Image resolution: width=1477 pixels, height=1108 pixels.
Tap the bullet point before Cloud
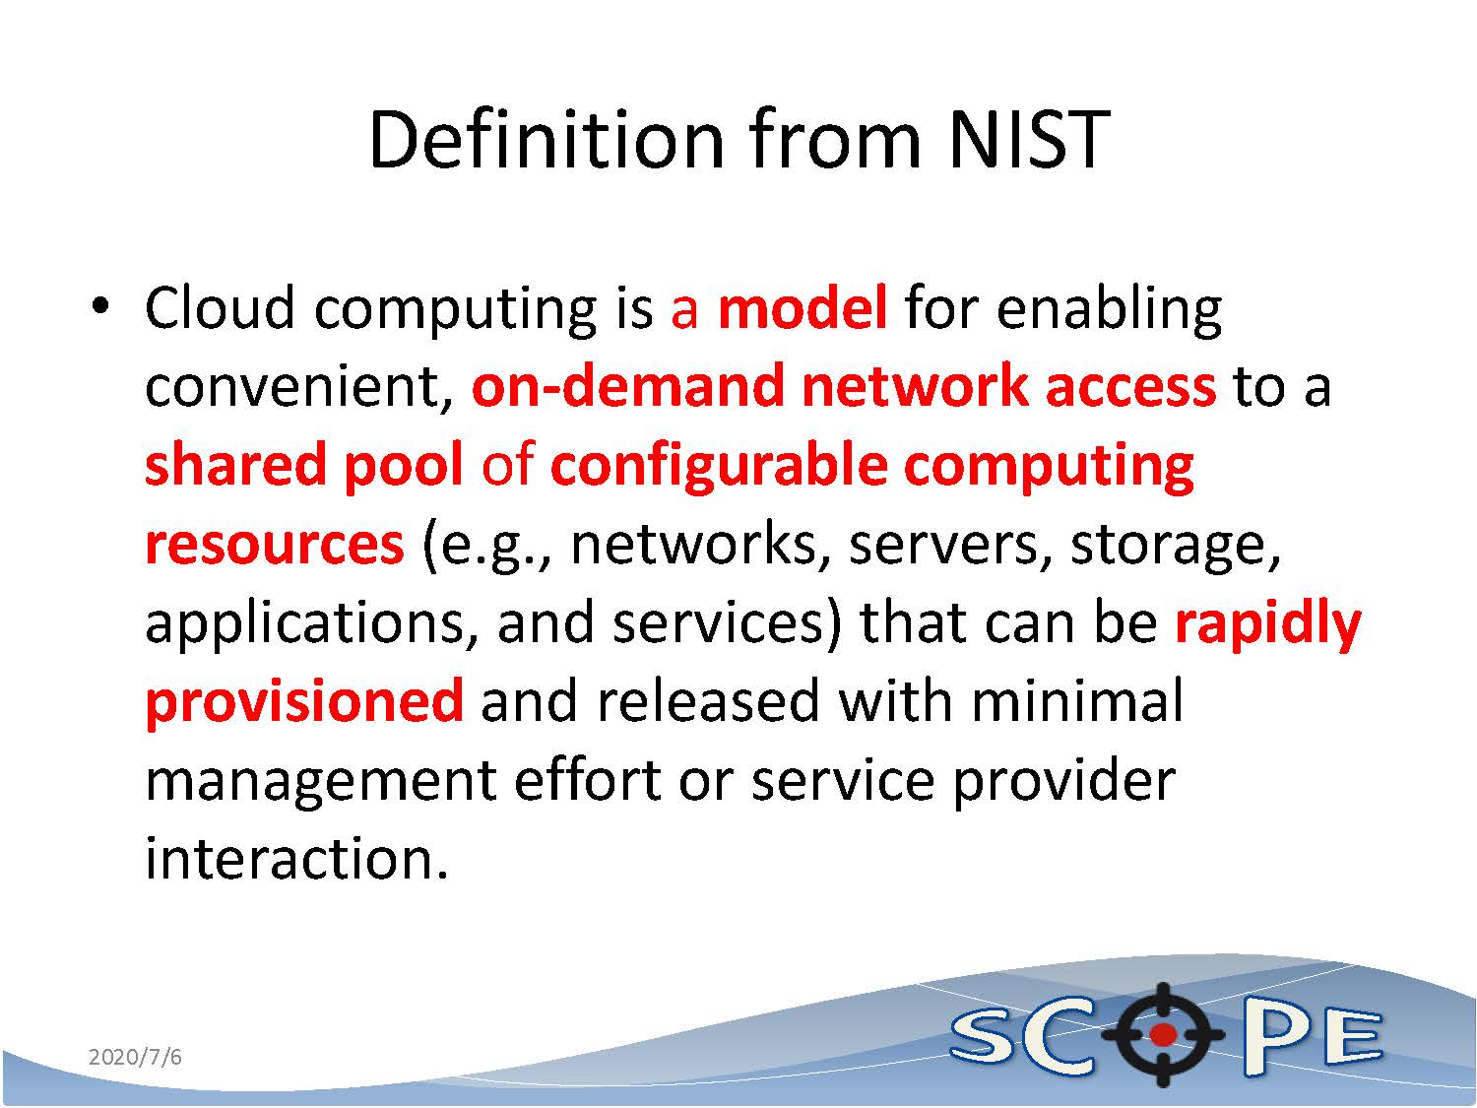[x=100, y=307]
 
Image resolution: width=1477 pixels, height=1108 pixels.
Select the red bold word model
[x=803, y=308]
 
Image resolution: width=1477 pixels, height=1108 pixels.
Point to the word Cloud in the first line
[x=220, y=308]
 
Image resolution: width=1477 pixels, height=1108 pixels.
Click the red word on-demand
[x=628, y=386]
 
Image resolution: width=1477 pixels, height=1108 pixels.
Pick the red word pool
[x=404, y=466]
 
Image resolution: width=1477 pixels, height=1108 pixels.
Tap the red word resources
[x=275, y=545]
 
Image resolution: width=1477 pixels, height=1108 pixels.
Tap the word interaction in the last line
[x=296, y=859]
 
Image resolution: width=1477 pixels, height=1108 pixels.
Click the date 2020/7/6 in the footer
[x=135, y=1057]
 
